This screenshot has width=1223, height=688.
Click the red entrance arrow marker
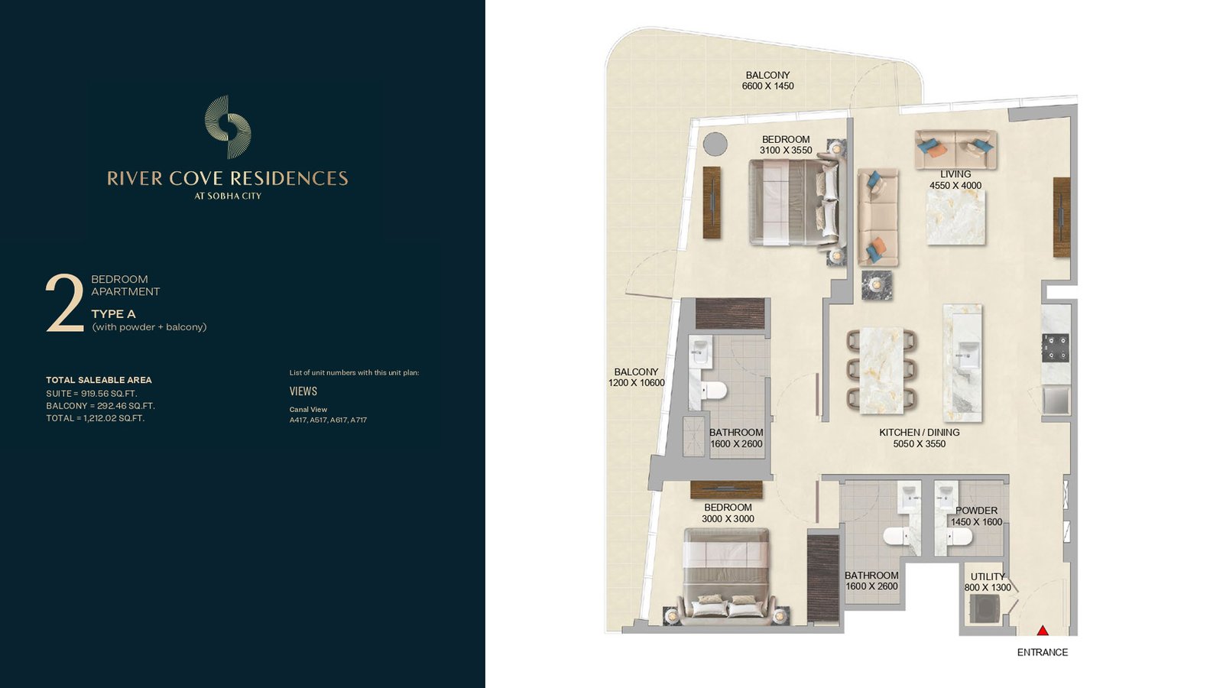click(1043, 631)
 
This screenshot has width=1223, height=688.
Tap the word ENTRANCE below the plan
click(1043, 652)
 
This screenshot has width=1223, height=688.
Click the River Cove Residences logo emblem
click(228, 127)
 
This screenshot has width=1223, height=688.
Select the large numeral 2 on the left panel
click(65, 303)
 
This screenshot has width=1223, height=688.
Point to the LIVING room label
click(955, 174)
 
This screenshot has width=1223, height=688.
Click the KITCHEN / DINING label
click(920, 433)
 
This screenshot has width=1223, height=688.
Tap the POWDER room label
click(976, 511)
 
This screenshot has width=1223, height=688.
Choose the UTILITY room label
click(988, 576)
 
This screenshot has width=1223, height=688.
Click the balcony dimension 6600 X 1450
click(767, 86)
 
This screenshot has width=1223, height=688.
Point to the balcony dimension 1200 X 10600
click(636, 383)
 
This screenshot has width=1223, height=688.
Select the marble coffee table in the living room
click(955, 217)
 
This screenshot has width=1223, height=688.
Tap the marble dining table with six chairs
click(881, 370)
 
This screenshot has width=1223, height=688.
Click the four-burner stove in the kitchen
click(1056, 349)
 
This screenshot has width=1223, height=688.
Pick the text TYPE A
click(114, 314)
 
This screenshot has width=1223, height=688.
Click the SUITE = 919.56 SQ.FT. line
click(92, 394)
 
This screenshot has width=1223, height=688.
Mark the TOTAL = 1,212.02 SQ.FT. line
click(96, 418)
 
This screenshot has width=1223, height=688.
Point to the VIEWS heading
click(303, 391)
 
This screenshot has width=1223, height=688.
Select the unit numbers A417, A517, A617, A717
click(328, 420)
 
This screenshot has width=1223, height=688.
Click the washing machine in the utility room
click(985, 608)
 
